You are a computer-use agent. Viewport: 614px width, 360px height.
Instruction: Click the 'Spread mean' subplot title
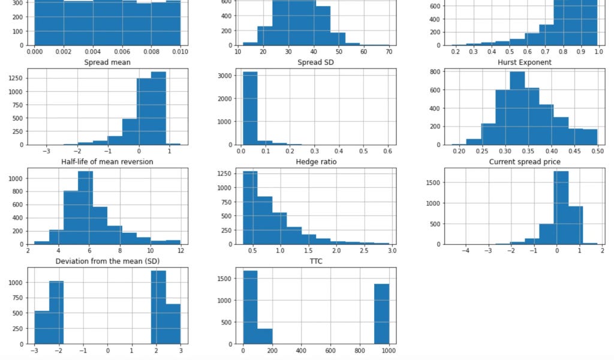pyautogui.click(x=108, y=62)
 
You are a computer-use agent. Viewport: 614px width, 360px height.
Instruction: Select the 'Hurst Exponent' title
pyautogui.click(x=520, y=62)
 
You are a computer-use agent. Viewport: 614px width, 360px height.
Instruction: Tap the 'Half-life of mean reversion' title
pyautogui.click(x=108, y=161)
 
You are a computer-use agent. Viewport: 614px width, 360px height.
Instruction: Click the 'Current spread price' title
pyautogui.click(x=520, y=161)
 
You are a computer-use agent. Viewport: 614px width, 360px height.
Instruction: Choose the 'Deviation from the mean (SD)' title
pyautogui.click(x=108, y=261)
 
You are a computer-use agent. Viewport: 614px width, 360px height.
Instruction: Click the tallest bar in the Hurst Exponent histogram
pyautogui.click(x=517, y=108)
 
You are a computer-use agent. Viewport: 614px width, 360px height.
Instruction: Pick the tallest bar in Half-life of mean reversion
pyautogui.click(x=85, y=208)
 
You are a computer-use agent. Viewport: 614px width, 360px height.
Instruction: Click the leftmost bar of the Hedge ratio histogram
pyautogui.click(x=250, y=208)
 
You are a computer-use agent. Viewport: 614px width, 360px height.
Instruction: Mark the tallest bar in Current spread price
pyautogui.click(x=561, y=208)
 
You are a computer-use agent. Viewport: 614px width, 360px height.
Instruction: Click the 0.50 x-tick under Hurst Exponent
pyautogui.click(x=598, y=152)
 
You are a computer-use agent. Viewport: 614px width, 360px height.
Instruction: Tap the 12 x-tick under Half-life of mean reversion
pyautogui.click(x=180, y=252)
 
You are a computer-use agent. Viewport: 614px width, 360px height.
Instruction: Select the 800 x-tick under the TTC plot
pyautogui.click(x=360, y=352)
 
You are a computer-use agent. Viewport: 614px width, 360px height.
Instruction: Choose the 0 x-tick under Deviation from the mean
pyautogui.click(x=108, y=352)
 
